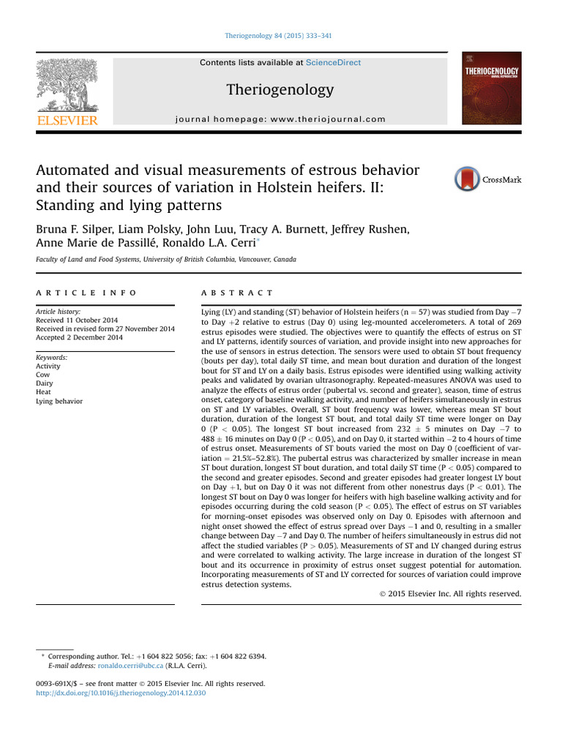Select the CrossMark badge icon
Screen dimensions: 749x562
click(468, 179)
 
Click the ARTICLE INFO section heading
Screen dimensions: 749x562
click(86, 293)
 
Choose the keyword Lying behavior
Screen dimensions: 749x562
click(59, 401)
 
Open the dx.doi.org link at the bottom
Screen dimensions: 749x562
click(121, 693)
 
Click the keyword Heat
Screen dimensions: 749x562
click(44, 392)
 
